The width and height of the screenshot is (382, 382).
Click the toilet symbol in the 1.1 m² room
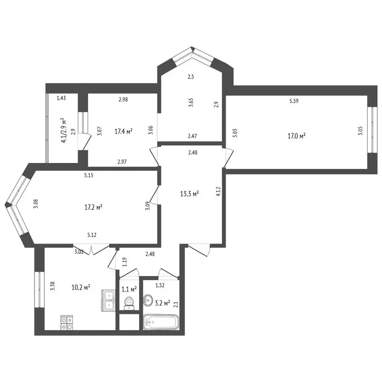(x=129, y=304)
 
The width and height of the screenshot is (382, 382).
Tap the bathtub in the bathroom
(x=161, y=322)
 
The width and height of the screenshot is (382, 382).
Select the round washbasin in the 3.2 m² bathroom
(x=148, y=299)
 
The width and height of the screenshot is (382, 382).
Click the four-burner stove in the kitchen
(x=67, y=323)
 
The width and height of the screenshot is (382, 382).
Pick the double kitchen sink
(x=108, y=301)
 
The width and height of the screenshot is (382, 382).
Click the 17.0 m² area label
(x=296, y=135)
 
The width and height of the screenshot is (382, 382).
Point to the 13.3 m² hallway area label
(x=189, y=194)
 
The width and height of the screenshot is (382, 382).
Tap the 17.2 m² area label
(x=93, y=207)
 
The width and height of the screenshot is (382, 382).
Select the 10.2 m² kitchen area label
(x=81, y=287)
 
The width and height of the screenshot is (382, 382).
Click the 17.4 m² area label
(x=124, y=131)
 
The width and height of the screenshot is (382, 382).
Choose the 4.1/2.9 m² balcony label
(x=63, y=130)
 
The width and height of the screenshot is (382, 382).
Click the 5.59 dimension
(x=294, y=101)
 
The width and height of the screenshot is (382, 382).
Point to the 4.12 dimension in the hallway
(x=218, y=192)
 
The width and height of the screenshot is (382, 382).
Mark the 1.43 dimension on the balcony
(x=61, y=98)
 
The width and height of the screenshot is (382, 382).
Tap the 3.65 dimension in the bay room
(x=191, y=102)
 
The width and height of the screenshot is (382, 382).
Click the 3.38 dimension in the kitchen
(x=52, y=286)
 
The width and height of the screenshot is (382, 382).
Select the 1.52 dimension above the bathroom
(x=160, y=286)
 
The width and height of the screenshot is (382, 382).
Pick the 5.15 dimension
(x=89, y=175)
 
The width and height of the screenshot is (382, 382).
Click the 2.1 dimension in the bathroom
(x=176, y=305)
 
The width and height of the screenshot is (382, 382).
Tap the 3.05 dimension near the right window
(x=360, y=131)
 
